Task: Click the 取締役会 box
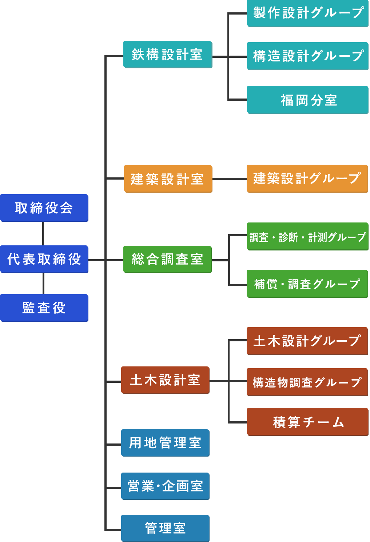[44, 208]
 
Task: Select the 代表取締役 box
[44, 259]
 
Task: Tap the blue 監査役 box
[44, 308]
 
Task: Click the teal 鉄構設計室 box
[167, 55]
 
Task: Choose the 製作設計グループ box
[308, 13]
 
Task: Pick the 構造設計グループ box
[308, 56]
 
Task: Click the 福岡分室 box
[308, 100]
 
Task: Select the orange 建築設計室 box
[168, 179]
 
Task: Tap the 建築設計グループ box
[307, 178]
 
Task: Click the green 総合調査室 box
[167, 259]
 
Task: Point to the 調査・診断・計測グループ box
[307, 237]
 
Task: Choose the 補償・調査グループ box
[307, 284]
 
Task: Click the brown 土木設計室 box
[165, 380]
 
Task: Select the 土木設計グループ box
[307, 341]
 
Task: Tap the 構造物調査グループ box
[307, 382]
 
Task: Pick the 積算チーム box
[308, 422]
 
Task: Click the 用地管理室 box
[165, 443]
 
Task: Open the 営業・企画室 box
[165, 486]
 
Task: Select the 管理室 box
[165, 528]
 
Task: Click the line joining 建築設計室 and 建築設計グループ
[230, 179]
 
